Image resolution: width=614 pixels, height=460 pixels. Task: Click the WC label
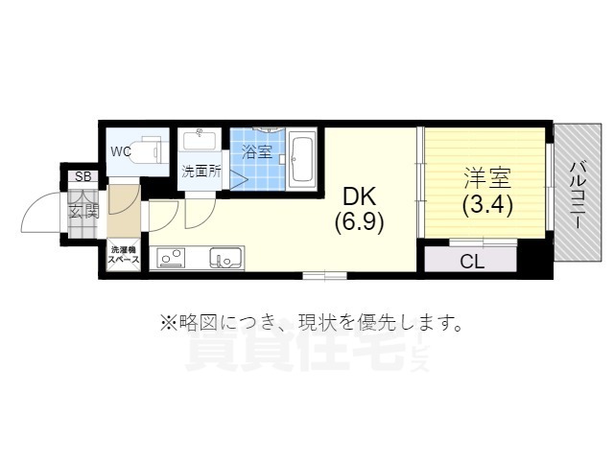pos(120,151)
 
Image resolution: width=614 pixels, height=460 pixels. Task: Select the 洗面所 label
pos(201,172)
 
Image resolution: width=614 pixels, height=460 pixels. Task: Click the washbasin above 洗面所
pos(201,141)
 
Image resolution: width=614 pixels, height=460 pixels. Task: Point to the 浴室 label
pos(256,151)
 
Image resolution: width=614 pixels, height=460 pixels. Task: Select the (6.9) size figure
pos(361,222)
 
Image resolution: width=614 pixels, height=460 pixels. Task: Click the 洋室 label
pos(487,178)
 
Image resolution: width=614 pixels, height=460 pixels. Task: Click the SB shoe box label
pos(83,177)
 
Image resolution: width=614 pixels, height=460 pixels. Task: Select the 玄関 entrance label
pos(83,210)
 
